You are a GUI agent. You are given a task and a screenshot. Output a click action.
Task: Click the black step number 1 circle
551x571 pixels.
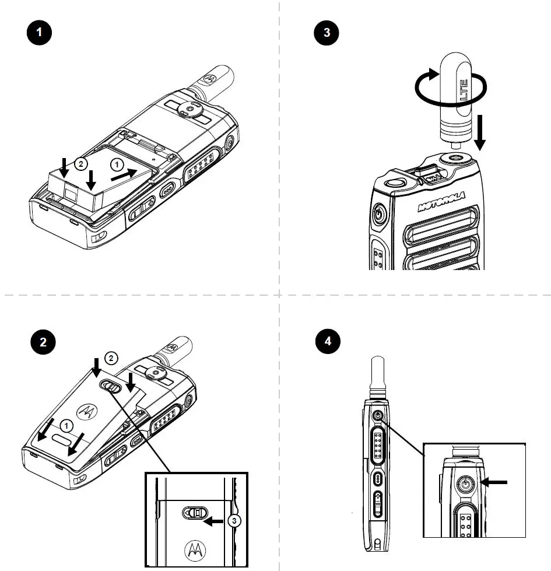40,33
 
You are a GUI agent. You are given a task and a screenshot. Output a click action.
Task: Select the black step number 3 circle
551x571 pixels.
327,33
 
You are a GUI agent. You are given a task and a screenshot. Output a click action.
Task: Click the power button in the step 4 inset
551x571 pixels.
465,484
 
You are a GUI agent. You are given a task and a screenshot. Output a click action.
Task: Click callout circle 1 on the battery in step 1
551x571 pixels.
118,165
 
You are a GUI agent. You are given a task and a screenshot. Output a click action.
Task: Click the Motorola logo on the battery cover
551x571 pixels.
88,411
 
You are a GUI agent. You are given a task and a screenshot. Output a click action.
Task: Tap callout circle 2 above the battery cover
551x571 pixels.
110,357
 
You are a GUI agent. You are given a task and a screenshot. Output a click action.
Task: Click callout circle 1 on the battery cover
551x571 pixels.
69,425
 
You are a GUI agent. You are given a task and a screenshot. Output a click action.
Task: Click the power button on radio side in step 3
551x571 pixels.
378,214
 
